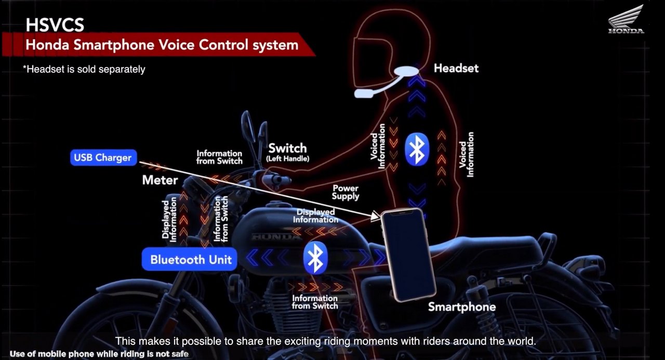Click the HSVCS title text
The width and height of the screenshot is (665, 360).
[x=55, y=25]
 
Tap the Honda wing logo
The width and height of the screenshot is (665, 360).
[x=626, y=20]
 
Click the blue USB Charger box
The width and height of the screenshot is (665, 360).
[x=103, y=157]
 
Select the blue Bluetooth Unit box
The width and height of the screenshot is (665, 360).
[x=190, y=259]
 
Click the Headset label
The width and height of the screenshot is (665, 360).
[x=456, y=69]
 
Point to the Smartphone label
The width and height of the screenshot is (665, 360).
[x=462, y=307]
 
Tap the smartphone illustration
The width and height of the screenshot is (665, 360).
[x=408, y=255]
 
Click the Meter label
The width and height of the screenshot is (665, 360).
[x=159, y=180]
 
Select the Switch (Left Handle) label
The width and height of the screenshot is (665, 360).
[x=288, y=152]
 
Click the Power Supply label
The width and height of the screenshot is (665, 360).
[x=345, y=192]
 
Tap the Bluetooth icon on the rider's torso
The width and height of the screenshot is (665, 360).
[x=417, y=149]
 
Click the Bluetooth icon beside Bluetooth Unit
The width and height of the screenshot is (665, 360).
[x=315, y=258]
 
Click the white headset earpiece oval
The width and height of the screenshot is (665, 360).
[x=406, y=71]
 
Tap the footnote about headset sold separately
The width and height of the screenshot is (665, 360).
[x=84, y=69]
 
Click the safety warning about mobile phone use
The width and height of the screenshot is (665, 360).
[x=99, y=354]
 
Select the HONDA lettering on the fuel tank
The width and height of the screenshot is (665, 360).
[x=276, y=237]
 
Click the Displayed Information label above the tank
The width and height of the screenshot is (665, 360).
[x=315, y=216]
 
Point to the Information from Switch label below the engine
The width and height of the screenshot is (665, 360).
[x=315, y=302]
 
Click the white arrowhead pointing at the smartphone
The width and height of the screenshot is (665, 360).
[x=376, y=216]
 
